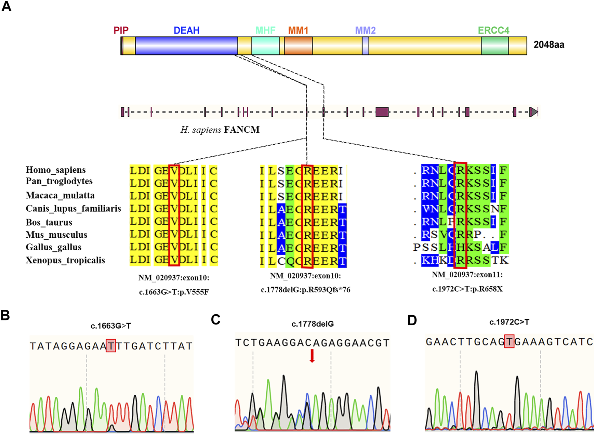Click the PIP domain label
[x=121, y=30]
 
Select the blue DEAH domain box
[x=186, y=46]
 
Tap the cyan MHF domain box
[x=265, y=46]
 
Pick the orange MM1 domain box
[x=298, y=46]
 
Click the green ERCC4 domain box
[x=494, y=46]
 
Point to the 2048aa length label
[x=549, y=45]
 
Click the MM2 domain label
[x=365, y=30]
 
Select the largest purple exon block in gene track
[x=382, y=112]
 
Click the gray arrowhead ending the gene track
[x=533, y=112]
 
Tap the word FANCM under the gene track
[x=241, y=130]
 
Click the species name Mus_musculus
[x=56, y=235]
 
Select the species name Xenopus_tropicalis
[x=65, y=261]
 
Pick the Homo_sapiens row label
[x=56, y=170]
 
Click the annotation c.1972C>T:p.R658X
[x=467, y=289]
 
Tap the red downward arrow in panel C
[x=312, y=356]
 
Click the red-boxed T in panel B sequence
[x=111, y=346]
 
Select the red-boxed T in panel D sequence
[x=509, y=342]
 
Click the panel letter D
[x=412, y=320]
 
